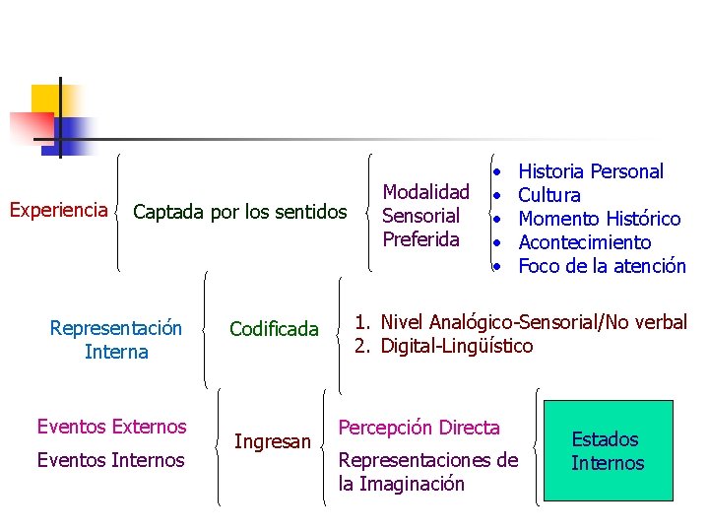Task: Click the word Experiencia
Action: pyautogui.click(x=58, y=210)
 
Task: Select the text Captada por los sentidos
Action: pyautogui.click(x=239, y=212)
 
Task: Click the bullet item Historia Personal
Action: pyautogui.click(x=590, y=171)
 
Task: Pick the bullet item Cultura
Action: pyautogui.click(x=548, y=195)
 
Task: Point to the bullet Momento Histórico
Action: pyautogui.click(x=599, y=219)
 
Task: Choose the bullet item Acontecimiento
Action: pyautogui.click(x=584, y=242)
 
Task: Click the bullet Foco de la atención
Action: pyautogui.click(x=601, y=266)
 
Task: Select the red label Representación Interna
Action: pyautogui.click(x=116, y=340)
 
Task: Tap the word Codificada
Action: pyautogui.click(x=274, y=329)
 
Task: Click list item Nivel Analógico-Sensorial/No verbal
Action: pyautogui.click(x=533, y=322)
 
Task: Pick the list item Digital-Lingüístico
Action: pyautogui.click(x=456, y=346)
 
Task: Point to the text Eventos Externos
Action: pyautogui.click(x=111, y=427)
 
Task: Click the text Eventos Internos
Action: pyautogui.click(x=110, y=459)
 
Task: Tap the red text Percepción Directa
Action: pyautogui.click(x=419, y=428)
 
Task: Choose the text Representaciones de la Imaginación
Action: pyautogui.click(x=427, y=471)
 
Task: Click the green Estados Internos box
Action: pyautogui.click(x=608, y=451)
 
